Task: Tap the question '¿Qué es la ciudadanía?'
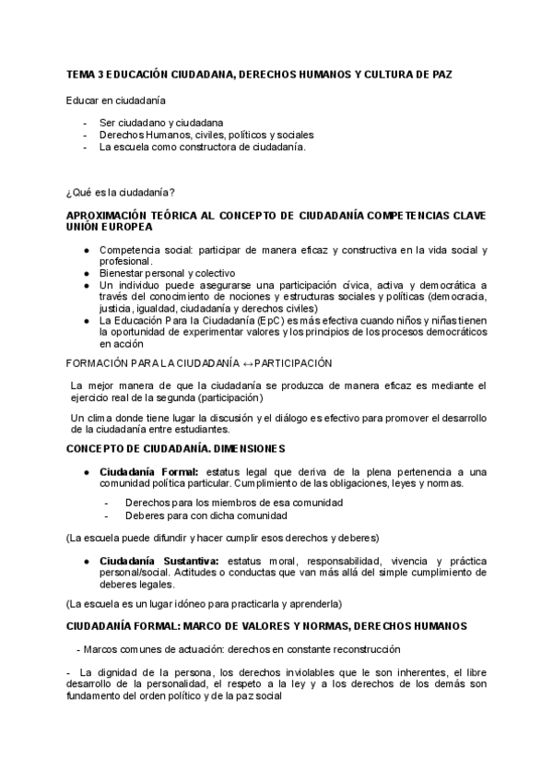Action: [x=121, y=192]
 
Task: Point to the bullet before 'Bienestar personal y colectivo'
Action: [x=86, y=274]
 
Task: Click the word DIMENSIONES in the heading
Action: [x=243, y=449]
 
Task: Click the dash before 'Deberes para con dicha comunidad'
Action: [x=107, y=515]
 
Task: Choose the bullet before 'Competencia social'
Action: [x=86, y=250]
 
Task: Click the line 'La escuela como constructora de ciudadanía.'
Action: [x=202, y=147]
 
